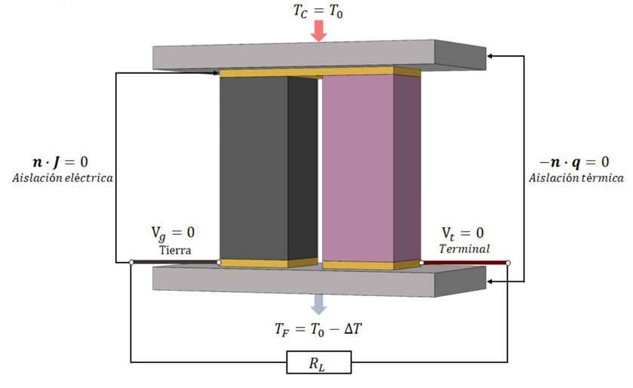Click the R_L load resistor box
(x=318, y=365)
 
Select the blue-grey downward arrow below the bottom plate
(x=318, y=303)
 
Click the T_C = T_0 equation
(x=318, y=11)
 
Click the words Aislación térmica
(x=576, y=178)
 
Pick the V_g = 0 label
(x=174, y=233)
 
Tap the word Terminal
(x=465, y=248)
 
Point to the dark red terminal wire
(x=465, y=263)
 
